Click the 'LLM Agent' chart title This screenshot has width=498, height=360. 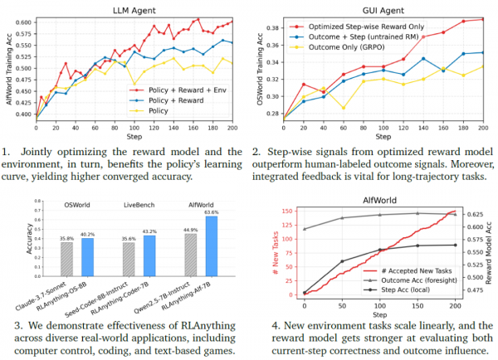[134, 11]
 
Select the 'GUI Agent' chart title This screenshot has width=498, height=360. [383, 11]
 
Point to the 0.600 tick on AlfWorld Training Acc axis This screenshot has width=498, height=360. [23, 22]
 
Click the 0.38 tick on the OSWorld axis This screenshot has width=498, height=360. [273, 28]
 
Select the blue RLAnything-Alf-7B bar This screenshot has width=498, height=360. [212, 246]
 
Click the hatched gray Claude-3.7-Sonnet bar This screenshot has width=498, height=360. [66, 259]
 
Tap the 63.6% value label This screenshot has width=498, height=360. [212, 212]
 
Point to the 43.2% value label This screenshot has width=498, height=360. [149, 231]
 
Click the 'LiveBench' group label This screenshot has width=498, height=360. [139, 205]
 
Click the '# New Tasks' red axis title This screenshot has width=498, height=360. [276, 253]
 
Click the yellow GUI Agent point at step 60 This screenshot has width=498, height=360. [344, 108]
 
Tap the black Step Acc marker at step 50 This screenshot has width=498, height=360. [342, 261]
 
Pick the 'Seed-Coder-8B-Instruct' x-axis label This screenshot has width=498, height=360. [96, 299]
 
